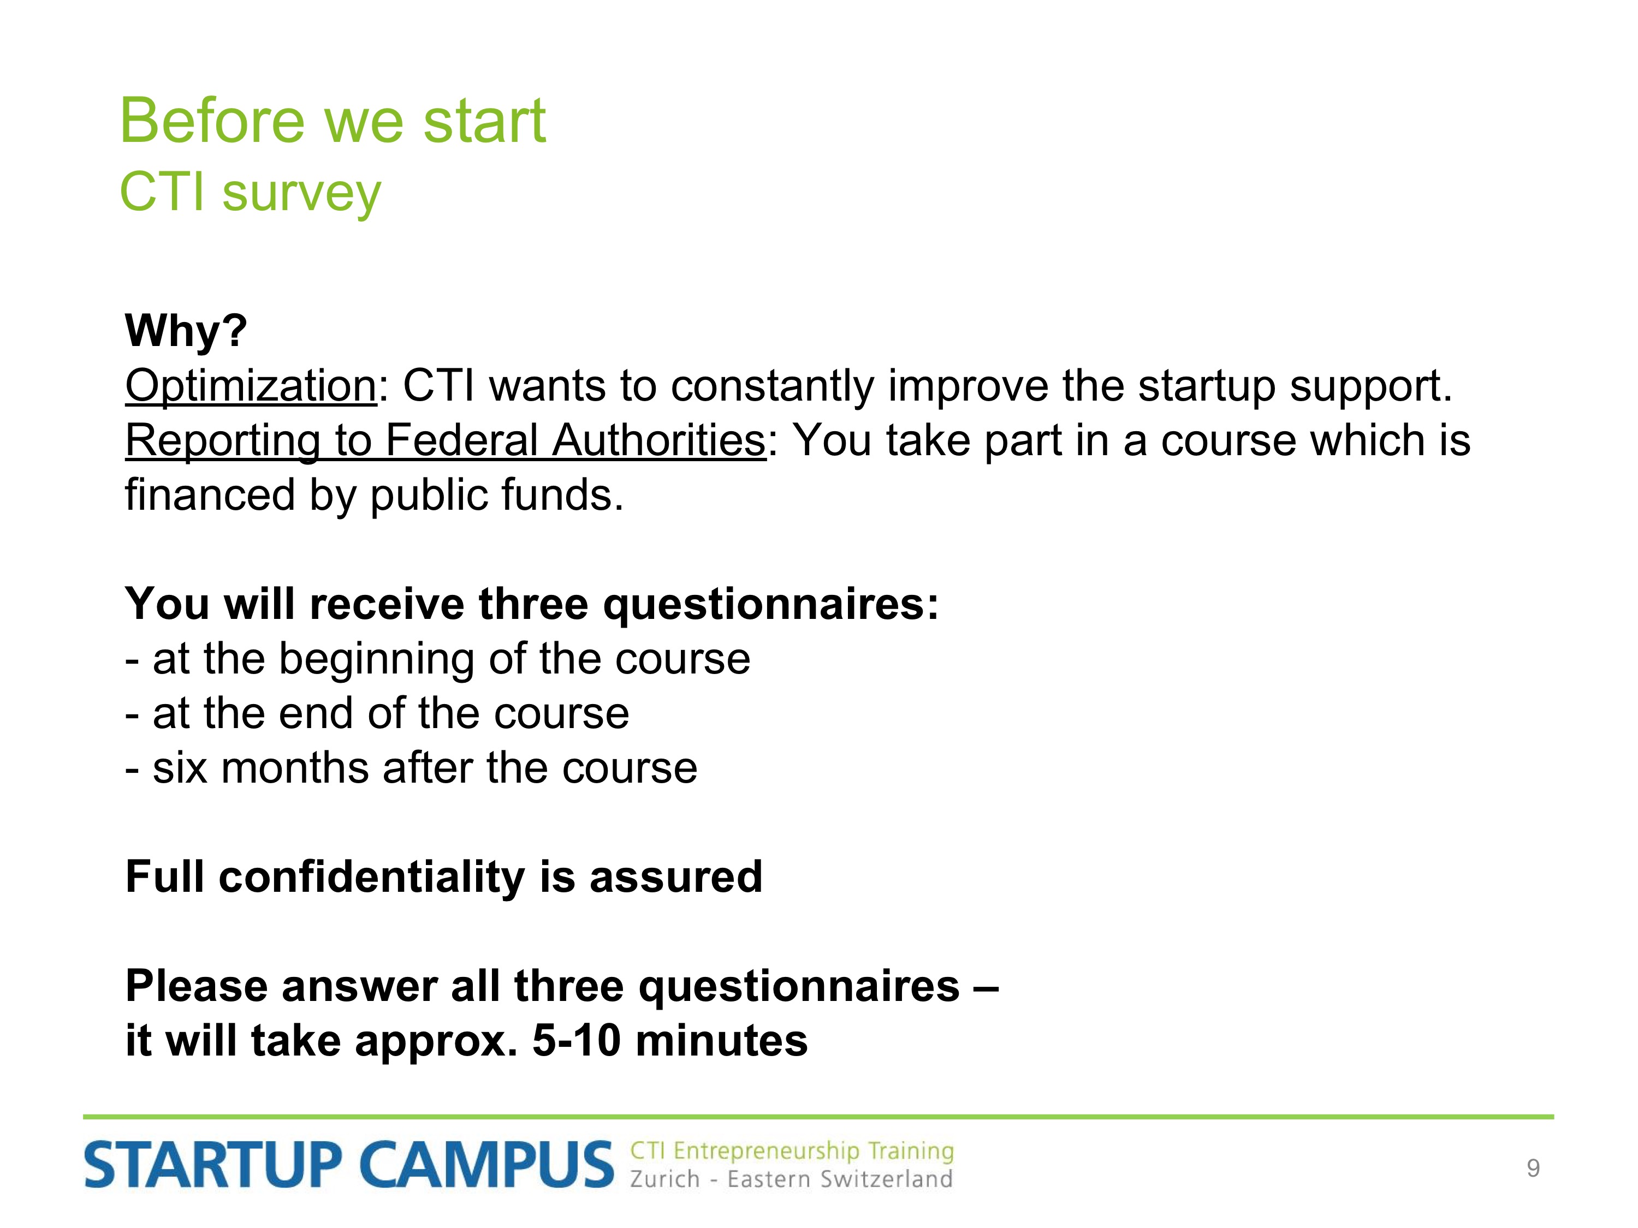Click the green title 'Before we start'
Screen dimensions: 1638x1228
333,121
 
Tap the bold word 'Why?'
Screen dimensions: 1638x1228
186,330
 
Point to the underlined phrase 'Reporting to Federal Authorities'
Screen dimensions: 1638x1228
446,441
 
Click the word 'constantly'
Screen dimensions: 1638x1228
773,386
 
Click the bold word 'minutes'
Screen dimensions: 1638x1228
721,1041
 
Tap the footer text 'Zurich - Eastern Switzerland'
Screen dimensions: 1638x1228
791,1179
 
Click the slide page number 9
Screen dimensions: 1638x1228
1533,1168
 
